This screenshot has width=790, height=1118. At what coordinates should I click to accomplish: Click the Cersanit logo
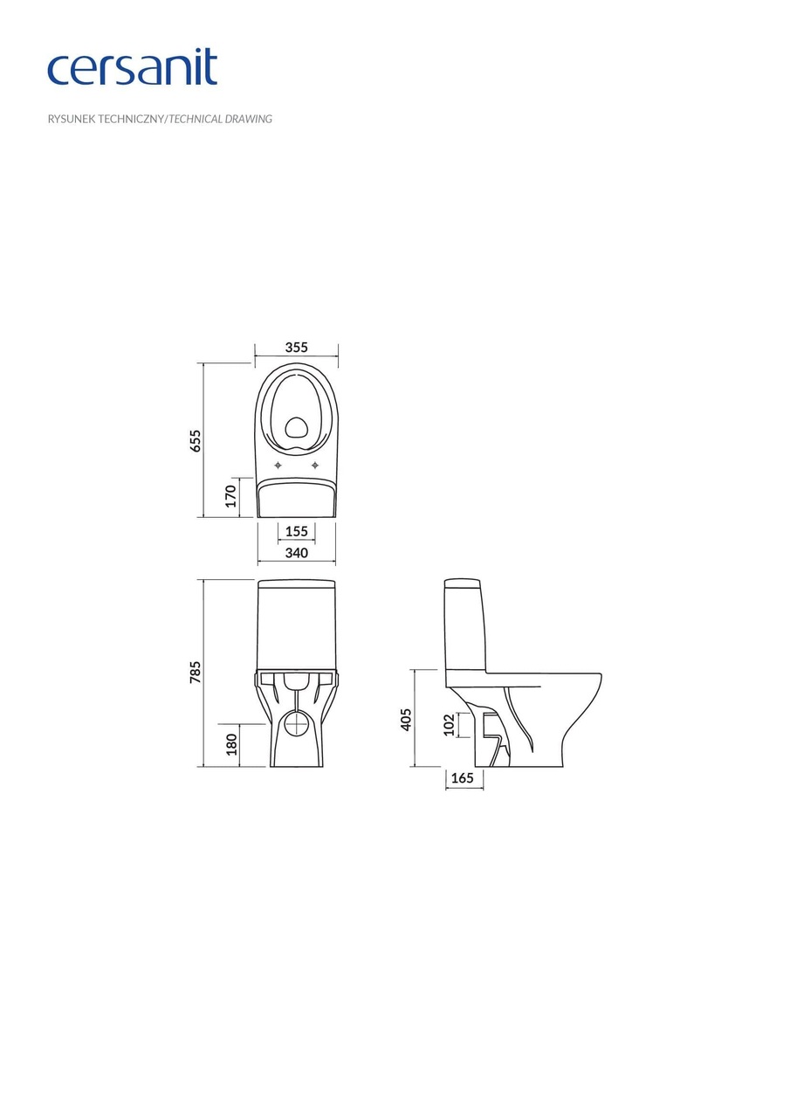tap(132, 68)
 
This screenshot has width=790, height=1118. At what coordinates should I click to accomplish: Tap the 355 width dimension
tap(296, 348)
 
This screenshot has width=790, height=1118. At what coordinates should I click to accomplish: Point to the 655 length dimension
tap(196, 439)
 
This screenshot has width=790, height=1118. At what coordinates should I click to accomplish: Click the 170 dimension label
tap(230, 496)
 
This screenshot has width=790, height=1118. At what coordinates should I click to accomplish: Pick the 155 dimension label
tap(296, 531)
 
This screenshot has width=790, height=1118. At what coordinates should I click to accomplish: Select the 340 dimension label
tap(296, 553)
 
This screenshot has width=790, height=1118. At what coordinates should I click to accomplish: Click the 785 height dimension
tap(196, 672)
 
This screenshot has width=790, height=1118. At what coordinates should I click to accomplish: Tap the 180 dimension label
tap(231, 744)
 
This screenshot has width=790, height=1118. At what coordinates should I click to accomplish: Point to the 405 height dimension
tap(406, 719)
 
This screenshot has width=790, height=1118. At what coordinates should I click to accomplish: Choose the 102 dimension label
tap(449, 725)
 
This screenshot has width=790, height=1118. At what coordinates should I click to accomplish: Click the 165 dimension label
tap(463, 777)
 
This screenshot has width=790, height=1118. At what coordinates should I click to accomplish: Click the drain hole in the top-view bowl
tap(297, 427)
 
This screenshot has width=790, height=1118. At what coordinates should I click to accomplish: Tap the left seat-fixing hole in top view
tap(278, 465)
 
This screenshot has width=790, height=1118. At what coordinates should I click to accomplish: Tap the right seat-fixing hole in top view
tap(315, 465)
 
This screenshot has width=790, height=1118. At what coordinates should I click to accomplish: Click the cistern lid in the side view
tap(462, 583)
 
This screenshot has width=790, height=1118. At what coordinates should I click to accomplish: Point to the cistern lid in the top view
tap(297, 498)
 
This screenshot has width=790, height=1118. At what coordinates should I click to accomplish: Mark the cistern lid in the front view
tap(297, 583)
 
